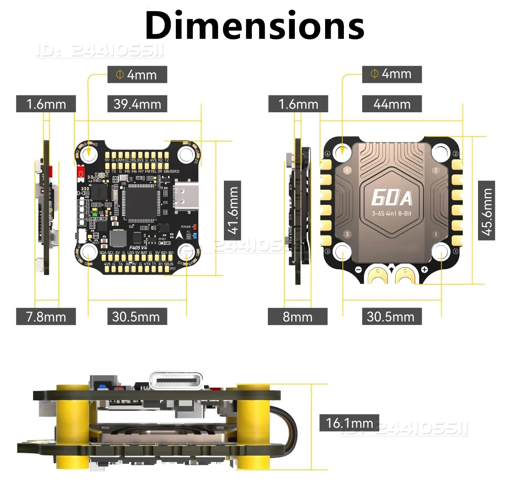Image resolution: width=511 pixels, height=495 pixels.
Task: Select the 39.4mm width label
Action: point(137,104)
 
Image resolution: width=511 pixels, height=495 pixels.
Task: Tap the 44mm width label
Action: point(391,104)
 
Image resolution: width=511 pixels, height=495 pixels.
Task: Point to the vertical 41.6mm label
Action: point(234,209)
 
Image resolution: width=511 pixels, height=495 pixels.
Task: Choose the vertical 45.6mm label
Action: point(487,210)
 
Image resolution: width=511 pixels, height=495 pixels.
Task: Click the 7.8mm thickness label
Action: point(46,317)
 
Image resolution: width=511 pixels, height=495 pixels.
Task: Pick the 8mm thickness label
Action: point(298,317)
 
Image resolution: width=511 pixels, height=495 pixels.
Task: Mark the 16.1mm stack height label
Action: point(349,423)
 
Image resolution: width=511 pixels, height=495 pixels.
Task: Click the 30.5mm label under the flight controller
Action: point(136,317)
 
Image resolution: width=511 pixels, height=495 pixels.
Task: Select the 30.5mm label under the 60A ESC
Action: point(391,317)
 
